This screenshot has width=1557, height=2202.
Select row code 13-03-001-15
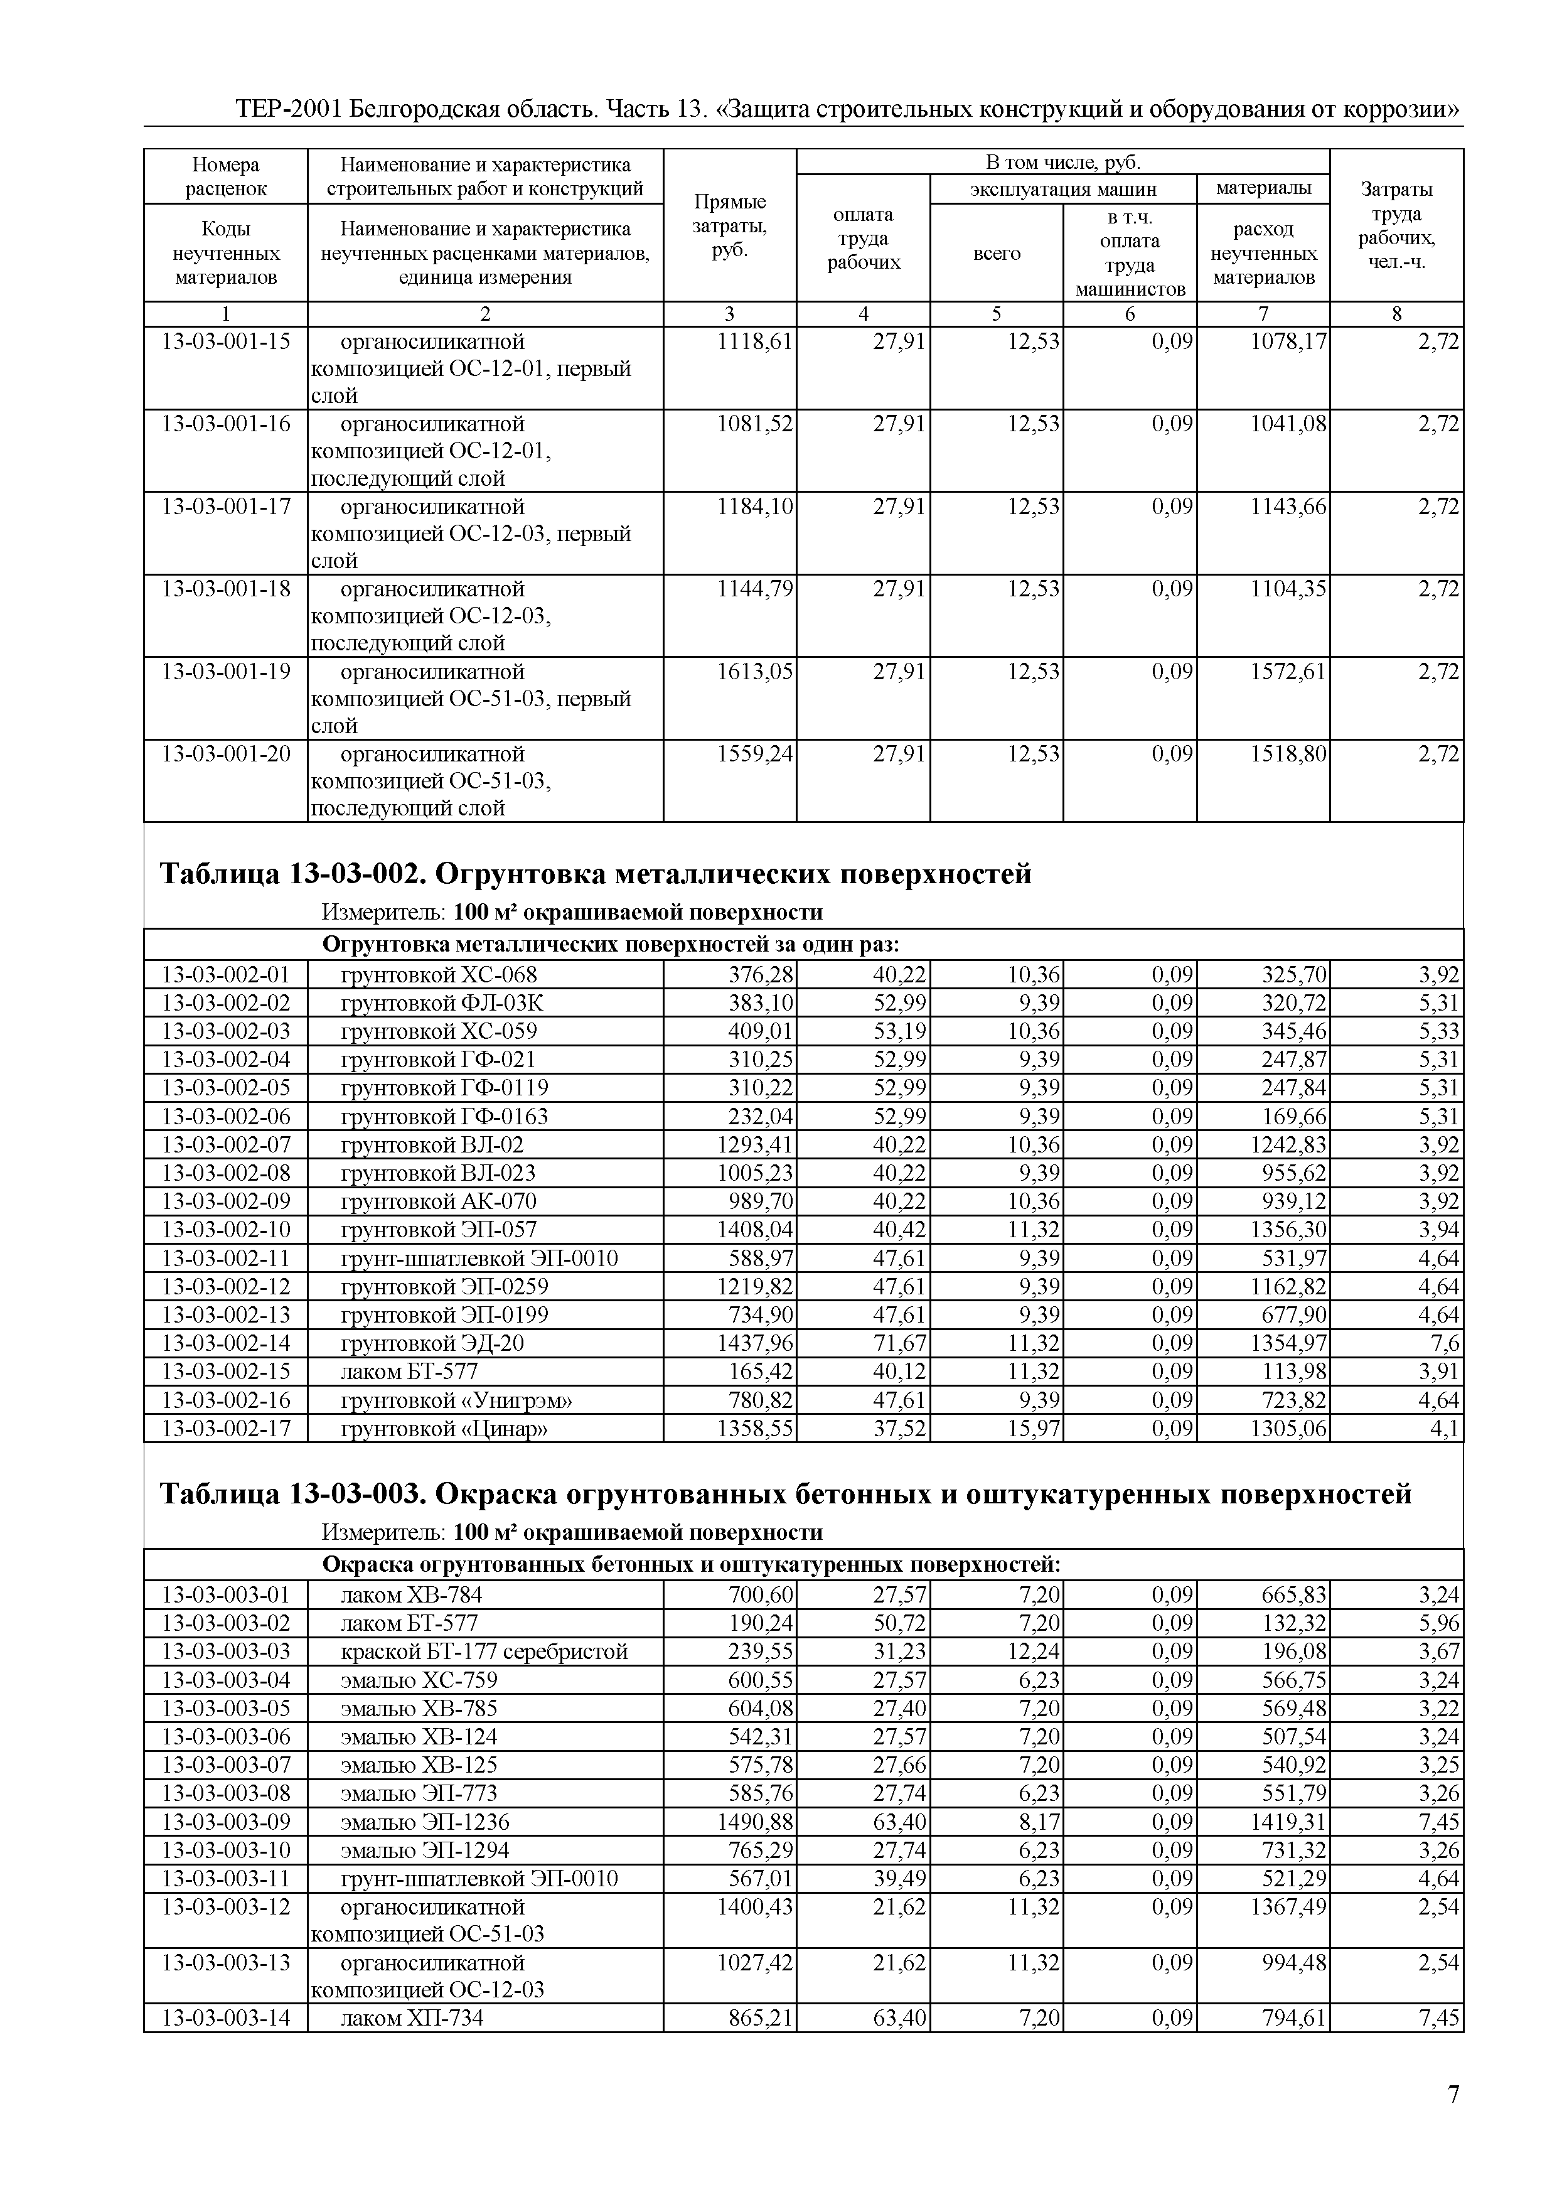pos(227,341)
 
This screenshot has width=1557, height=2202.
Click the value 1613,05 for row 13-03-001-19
pos(754,672)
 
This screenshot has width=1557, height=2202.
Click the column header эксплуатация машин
pos(1063,189)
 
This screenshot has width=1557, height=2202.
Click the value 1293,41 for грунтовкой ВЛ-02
pos(754,1145)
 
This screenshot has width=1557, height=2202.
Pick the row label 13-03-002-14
pos(227,1343)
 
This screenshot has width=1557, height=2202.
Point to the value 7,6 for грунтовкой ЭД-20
pos(1446,1343)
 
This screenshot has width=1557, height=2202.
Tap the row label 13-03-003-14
pos(227,2018)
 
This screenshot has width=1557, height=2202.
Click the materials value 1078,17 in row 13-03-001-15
pos(1288,341)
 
